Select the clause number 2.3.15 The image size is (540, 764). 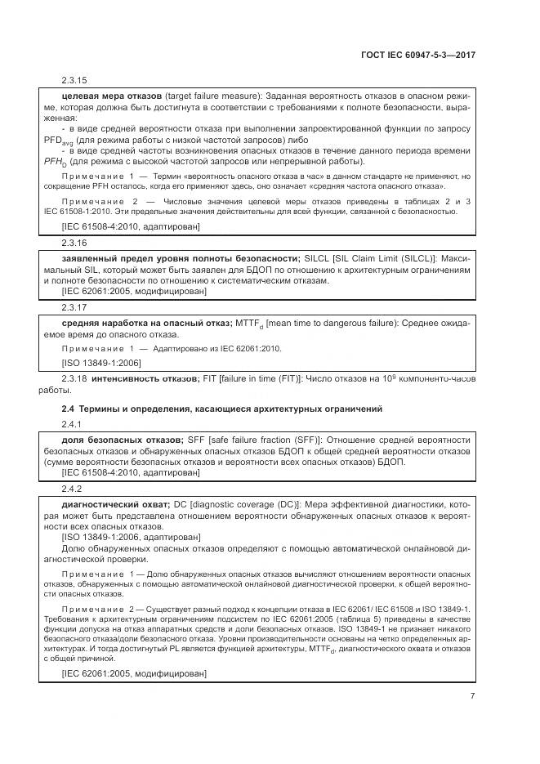[74, 81]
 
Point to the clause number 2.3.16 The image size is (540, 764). [74, 243]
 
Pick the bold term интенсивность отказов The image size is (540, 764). [145, 379]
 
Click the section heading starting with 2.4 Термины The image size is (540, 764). [222, 408]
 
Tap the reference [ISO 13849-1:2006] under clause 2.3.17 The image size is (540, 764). [101, 362]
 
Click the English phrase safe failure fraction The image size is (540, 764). [252, 440]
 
